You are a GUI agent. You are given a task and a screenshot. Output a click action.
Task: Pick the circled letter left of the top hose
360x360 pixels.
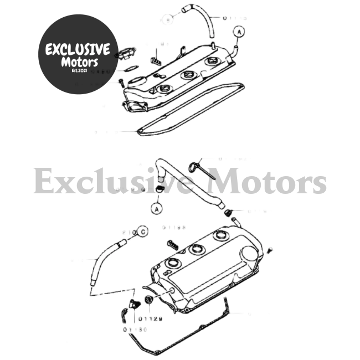(x=169, y=20)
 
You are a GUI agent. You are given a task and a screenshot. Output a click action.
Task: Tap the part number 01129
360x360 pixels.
(x=152, y=319)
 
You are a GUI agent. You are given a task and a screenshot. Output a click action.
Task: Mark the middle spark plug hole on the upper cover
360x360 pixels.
(x=186, y=76)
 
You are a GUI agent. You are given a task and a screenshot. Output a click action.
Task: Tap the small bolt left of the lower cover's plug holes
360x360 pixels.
(x=171, y=243)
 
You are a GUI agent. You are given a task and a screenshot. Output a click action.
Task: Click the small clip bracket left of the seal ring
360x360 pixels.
(x=134, y=304)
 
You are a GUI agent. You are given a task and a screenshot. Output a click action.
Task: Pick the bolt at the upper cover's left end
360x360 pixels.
(x=120, y=82)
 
